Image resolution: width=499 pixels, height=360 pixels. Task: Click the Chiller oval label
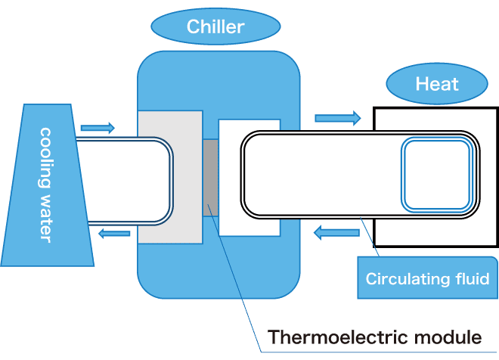click(215, 26)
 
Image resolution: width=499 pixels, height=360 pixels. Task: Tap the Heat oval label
click(437, 84)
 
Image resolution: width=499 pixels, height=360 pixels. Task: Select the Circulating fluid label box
click(427, 278)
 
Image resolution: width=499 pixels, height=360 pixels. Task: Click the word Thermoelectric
click(337, 337)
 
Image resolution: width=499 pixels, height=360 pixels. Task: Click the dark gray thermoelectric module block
click(211, 178)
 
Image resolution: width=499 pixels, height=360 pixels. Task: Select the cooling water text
click(45, 185)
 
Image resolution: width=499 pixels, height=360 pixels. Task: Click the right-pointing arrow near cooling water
click(98, 128)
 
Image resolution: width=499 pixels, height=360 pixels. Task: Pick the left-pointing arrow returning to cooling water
click(114, 234)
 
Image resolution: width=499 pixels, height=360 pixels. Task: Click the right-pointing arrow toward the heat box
click(338, 118)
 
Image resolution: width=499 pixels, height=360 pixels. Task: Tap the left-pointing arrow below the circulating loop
click(336, 233)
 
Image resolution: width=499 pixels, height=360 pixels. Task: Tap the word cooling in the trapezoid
click(45, 157)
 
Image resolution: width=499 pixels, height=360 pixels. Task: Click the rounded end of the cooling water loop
click(171, 181)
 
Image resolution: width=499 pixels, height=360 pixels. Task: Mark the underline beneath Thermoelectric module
click(379, 352)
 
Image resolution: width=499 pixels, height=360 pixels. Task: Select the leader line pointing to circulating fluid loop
click(370, 237)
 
